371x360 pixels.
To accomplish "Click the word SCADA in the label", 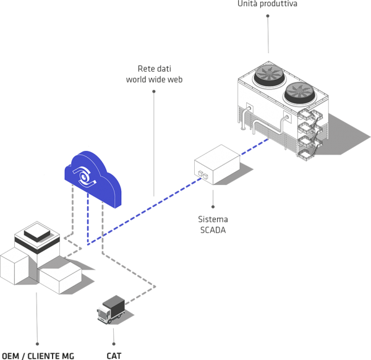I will point(213,230).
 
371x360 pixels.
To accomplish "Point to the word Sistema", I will point(213,220).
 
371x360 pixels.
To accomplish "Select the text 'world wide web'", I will point(154,80).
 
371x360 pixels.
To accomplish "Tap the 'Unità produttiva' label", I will point(268,4).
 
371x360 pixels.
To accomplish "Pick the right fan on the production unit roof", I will point(301,93).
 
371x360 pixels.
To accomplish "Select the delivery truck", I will point(113,309).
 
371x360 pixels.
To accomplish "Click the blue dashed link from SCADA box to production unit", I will point(254,147).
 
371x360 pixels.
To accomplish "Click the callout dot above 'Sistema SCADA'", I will point(213,207).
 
